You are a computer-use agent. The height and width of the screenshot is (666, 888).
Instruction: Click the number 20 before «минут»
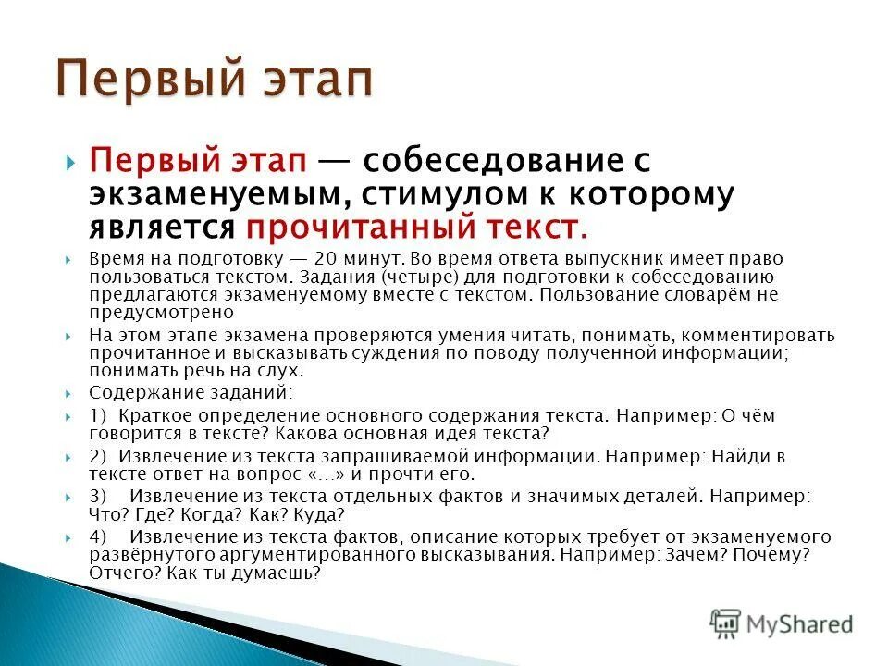(325, 261)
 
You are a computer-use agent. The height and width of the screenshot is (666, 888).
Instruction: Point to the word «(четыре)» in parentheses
(437, 277)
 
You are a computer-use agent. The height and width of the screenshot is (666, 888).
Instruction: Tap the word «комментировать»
(749, 335)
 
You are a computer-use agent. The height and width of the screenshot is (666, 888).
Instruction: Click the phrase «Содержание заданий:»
(164, 392)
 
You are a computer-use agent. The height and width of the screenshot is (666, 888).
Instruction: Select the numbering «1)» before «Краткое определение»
(98, 416)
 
